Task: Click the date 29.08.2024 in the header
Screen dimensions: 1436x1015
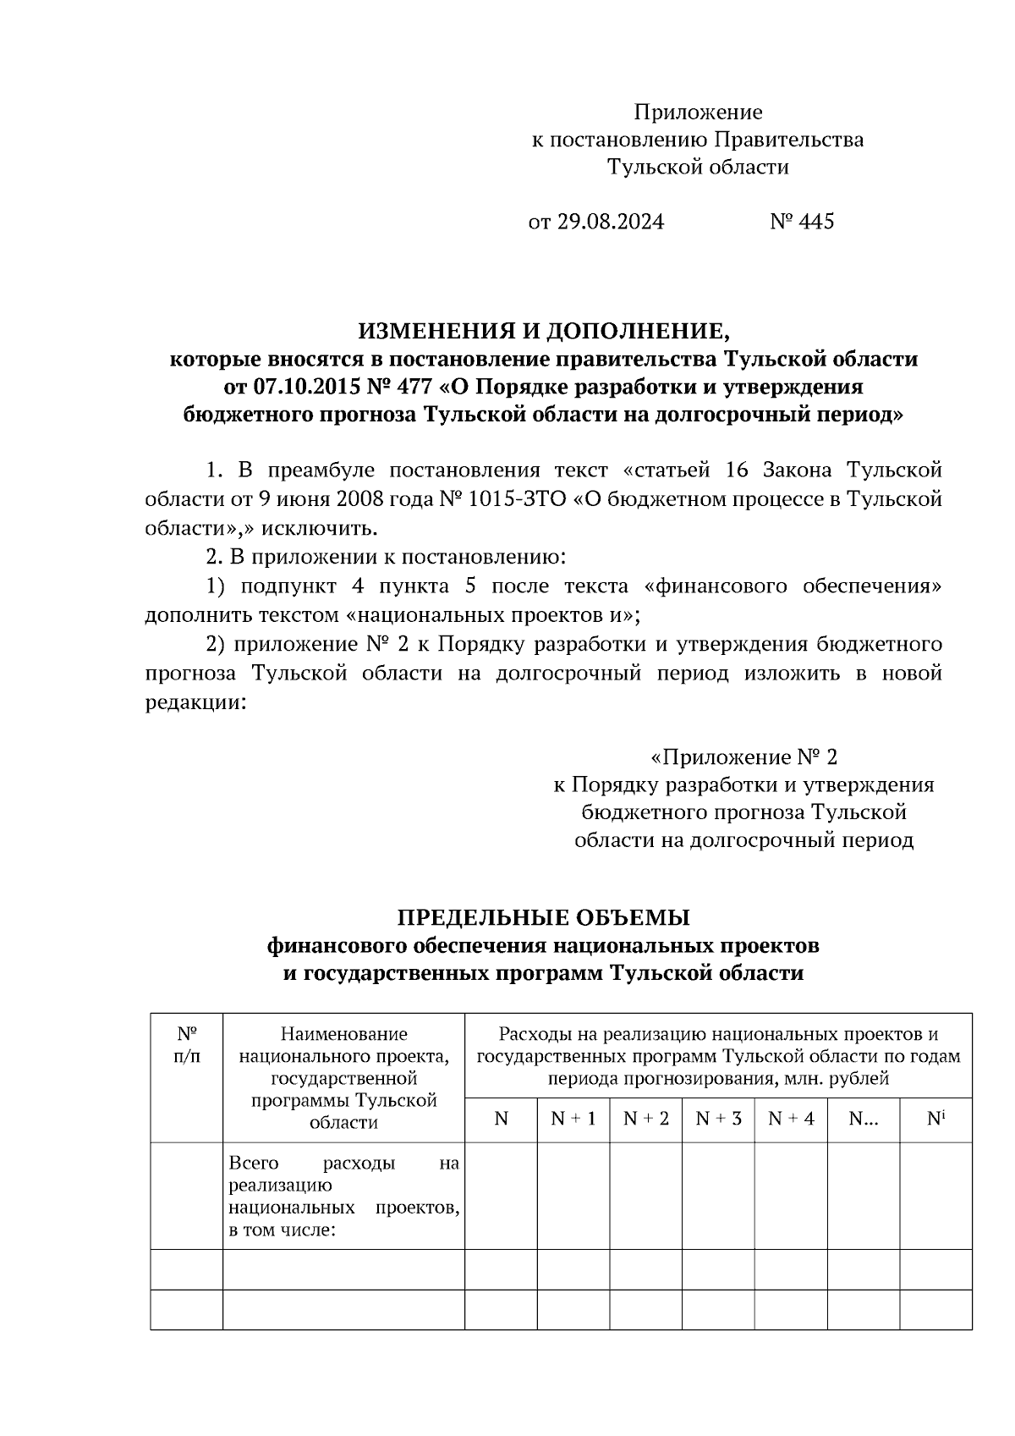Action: click(x=610, y=222)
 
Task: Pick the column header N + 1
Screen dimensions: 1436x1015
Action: click(x=573, y=1119)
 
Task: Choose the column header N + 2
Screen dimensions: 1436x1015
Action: click(x=645, y=1119)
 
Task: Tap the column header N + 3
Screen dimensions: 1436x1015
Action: click(x=718, y=1119)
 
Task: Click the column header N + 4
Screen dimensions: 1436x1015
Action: click(x=791, y=1119)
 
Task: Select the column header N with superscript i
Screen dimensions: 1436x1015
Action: click(x=935, y=1119)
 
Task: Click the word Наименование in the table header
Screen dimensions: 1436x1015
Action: click(x=343, y=1034)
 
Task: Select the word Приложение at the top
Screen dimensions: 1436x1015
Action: click(x=698, y=113)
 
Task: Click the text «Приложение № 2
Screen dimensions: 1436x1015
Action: click(x=743, y=756)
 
